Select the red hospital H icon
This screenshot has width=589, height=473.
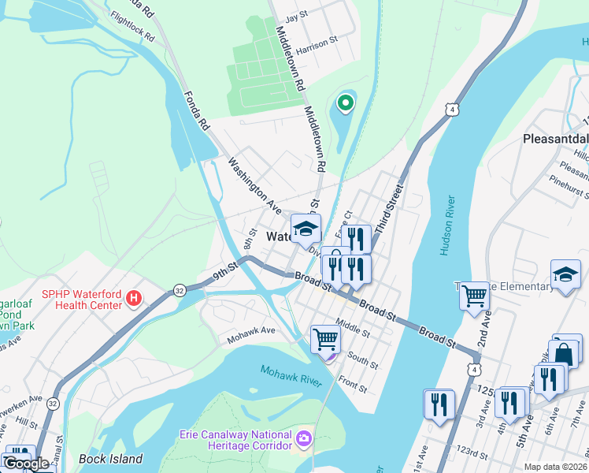point(135,300)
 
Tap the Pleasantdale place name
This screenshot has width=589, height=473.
point(555,139)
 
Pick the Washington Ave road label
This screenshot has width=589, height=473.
point(254,187)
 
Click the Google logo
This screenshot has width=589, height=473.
point(26,464)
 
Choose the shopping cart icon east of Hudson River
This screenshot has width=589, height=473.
point(474,296)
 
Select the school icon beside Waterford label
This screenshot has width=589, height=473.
point(306,229)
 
